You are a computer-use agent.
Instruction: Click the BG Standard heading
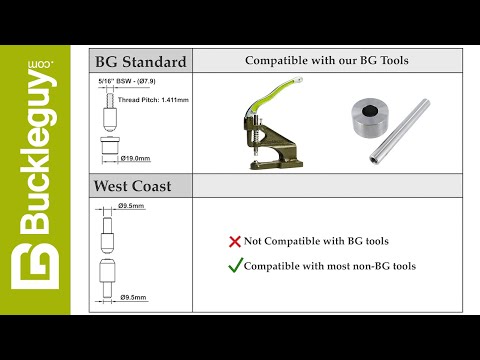click(140, 62)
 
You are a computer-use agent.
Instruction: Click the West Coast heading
click(134, 185)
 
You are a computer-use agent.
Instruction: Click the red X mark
click(235, 242)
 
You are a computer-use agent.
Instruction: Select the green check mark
click(236, 265)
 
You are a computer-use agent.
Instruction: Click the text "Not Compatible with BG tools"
click(316, 242)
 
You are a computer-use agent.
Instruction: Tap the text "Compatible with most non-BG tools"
click(330, 266)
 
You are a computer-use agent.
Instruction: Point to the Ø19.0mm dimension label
click(135, 158)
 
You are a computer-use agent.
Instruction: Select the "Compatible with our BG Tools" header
click(327, 61)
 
